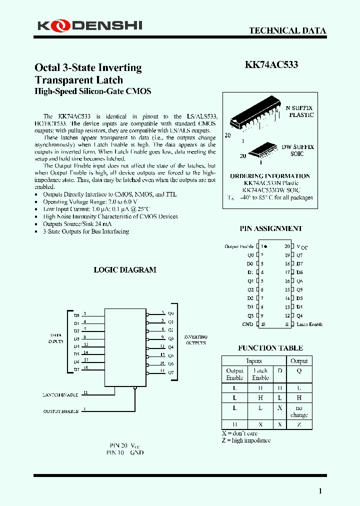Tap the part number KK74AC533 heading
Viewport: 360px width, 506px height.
271,65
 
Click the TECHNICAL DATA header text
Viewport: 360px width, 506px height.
287,30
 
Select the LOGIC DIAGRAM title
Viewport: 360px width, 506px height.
125,270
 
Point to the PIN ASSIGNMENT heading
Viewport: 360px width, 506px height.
271,228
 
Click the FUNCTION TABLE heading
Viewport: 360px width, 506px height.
270,348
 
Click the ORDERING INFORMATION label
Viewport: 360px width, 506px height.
270,176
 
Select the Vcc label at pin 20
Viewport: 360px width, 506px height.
302,247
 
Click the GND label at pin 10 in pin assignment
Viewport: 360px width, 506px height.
247,324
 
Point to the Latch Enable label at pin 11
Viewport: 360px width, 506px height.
309,324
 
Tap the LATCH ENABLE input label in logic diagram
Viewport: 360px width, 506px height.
60,395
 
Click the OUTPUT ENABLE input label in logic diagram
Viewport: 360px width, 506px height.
60,411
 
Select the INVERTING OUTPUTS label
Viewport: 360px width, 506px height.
195,340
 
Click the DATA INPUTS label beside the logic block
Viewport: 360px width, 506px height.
56,338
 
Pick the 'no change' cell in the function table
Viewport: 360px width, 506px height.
299,411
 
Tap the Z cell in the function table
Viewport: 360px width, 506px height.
299,424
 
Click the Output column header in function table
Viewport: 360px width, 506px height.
299,361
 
